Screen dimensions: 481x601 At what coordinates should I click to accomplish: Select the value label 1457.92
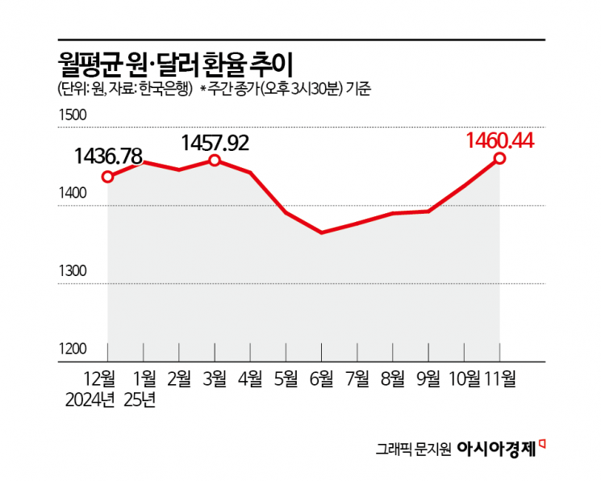pyautogui.click(x=215, y=143)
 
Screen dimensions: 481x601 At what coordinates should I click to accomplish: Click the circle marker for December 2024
pyautogui.click(x=108, y=177)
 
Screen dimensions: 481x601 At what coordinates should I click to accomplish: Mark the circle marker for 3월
pyautogui.click(x=215, y=161)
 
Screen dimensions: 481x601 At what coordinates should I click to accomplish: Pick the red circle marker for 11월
pyautogui.click(x=500, y=158)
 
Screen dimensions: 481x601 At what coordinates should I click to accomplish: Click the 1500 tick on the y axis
pyautogui.click(x=71, y=115)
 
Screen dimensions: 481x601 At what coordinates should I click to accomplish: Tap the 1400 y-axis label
pyautogui.click(x=71, y=194)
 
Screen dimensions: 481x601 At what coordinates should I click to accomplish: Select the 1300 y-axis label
pyautogui.click(x=71, y=271)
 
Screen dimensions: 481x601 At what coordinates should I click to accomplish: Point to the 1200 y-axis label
pyautogui.click(x=71, y=349)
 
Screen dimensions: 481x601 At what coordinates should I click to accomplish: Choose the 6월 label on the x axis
pyautogui.click(x=322, y=376)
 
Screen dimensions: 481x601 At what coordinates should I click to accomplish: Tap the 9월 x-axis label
pyautogui.click(x=428, y=376)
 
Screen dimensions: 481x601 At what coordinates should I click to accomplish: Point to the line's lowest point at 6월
pyautogui.click(x=322, y=232)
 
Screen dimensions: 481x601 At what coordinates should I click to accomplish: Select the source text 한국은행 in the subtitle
pyautogui.click(x=165, y=90)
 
